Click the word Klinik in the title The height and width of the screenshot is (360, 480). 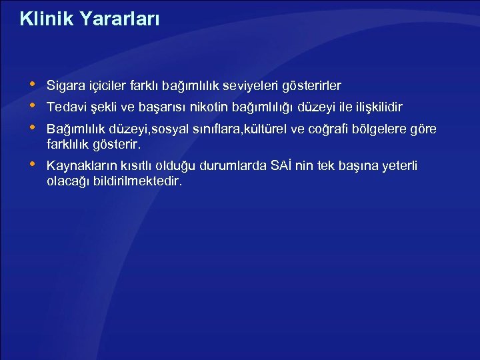tap(44, 19)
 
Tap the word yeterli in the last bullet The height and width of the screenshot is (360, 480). tap(399, 165)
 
